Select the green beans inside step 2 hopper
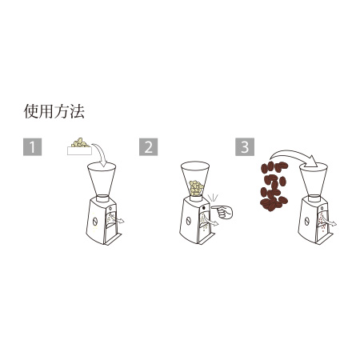coord(196,189)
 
